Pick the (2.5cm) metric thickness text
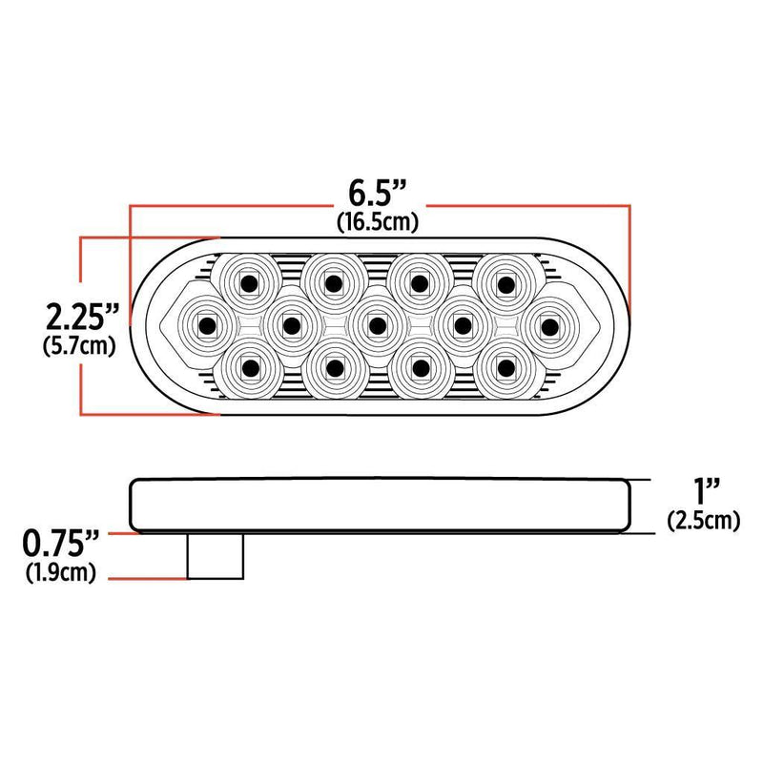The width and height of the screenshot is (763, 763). (704, 521)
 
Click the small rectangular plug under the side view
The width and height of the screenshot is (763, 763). (215, 556)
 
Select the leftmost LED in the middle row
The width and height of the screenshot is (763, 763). (206, 325)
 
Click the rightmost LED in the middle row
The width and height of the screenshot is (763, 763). (547, 325)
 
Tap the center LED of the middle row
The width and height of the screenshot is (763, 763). (377, 325)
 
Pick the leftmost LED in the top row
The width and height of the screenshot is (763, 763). (249, 282)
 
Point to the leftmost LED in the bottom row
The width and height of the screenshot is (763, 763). (249, 367)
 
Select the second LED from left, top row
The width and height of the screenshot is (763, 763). (334, 282)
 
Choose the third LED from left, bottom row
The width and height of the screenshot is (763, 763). (420, 367)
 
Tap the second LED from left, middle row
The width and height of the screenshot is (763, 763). (292, 325)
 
